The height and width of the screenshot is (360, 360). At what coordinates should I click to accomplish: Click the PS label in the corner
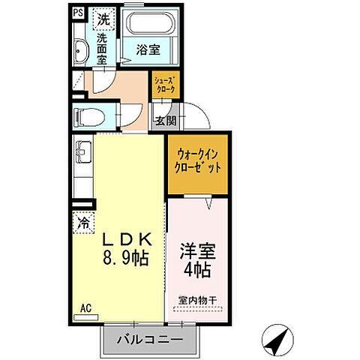point(78,13)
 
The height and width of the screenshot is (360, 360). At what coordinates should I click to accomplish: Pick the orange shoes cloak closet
point(165,85)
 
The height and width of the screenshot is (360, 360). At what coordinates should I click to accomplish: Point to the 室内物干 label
point(196,301)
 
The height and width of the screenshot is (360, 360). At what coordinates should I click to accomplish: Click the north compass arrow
point(278,340)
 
